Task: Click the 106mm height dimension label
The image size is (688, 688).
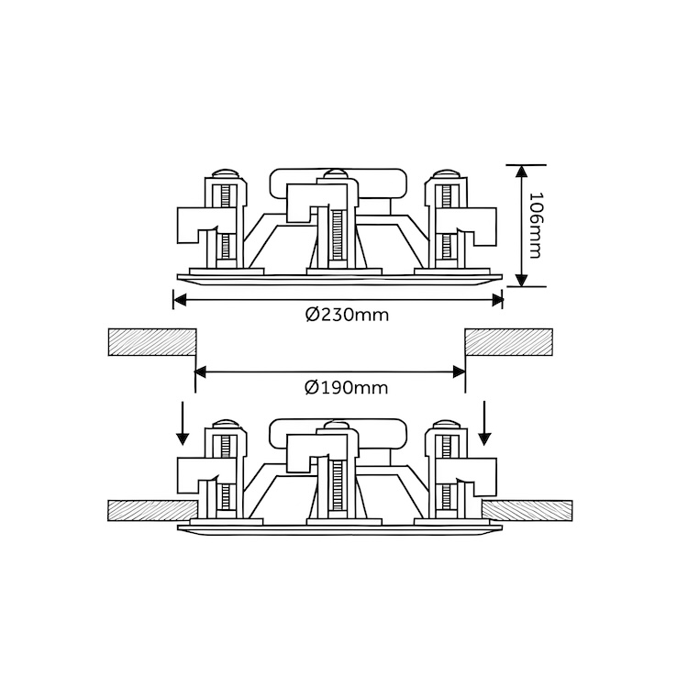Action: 536,225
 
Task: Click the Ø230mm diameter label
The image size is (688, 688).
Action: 348,315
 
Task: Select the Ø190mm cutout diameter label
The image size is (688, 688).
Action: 347,388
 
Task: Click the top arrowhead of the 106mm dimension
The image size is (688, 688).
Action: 521,172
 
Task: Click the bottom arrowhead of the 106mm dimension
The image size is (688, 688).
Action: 521,280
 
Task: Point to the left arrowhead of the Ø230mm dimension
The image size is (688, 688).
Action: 180,300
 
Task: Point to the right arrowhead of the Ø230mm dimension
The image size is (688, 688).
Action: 496,300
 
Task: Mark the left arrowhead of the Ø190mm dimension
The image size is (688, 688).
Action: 200,373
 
